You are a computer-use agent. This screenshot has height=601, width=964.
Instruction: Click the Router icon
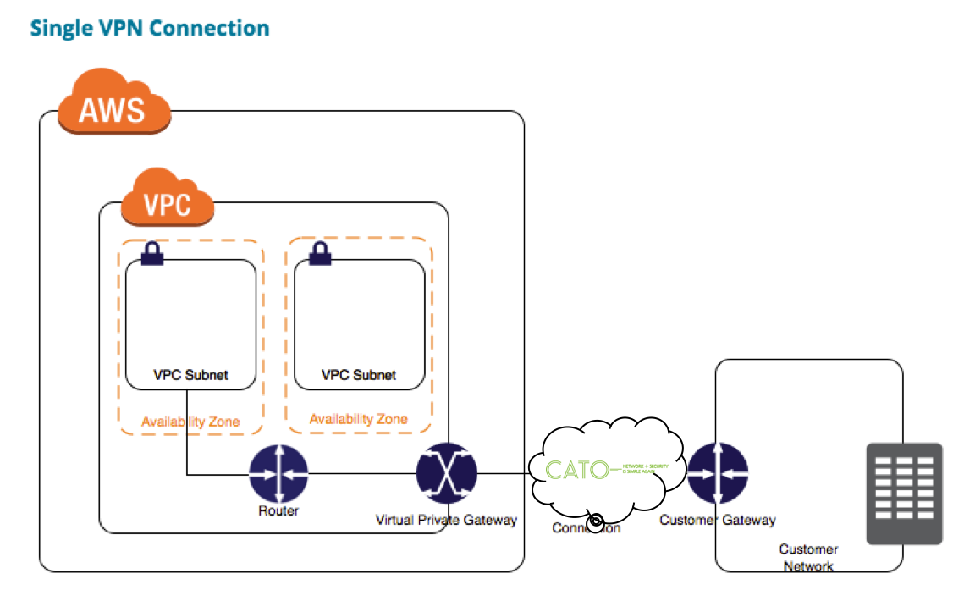(x=278, y=474)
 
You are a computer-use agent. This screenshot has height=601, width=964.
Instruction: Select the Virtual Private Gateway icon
(x=447, y=473)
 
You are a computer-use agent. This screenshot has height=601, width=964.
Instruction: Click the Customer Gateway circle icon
(x=717, y=473)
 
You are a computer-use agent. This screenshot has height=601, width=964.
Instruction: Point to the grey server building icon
(x=904, y=493)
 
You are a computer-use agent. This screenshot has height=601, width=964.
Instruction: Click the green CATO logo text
(x=577, y=470)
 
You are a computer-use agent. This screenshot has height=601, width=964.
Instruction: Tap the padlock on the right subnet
(x=320, y=253)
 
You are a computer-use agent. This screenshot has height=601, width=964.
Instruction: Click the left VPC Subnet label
(x=190, y=374)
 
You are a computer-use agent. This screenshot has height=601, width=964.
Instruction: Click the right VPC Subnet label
(x=359, y=374)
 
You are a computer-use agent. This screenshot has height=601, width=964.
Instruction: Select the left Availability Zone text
(x=190, y=421)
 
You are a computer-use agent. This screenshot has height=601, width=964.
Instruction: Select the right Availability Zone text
(x=358, y=419)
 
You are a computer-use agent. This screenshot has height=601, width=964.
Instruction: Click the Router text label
(x=278, y=510)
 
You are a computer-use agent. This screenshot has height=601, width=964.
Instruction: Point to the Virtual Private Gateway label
(x=446, y=520)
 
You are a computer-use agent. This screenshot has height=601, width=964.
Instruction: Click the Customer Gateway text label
(x=717, y=520)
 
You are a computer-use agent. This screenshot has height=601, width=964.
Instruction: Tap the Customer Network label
(x=808, y=558)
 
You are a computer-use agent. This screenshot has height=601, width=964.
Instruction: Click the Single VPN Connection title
(x=150, y=28)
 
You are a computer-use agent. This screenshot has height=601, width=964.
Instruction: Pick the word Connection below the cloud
(x=587, y=528)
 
